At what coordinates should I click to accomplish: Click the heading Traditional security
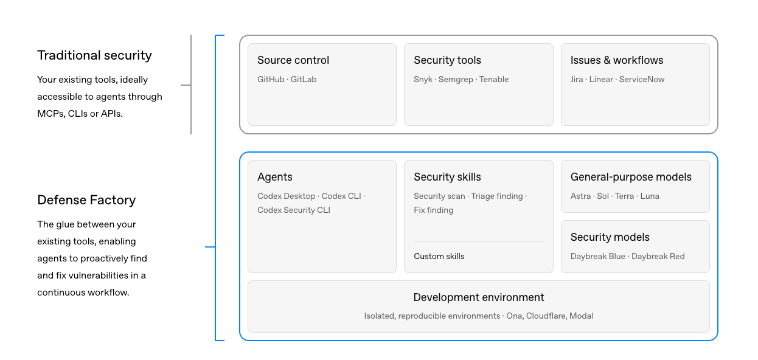pos(94,55)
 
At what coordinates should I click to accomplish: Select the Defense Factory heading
pos(86,200)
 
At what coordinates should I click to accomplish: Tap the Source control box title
pos(293,60)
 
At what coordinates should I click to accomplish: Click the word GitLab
pos(304,79)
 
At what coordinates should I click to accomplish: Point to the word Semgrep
pos(456,80)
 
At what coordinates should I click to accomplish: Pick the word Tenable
pos(494,79)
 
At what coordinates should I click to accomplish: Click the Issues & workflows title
pos(617,60)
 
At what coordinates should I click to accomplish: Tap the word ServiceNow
pos(642,79)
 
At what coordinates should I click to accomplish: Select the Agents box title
pos(275,177)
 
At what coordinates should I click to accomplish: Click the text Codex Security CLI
pos(294,210)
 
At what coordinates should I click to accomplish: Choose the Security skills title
pos(447,177)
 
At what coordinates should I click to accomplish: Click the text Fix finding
pos(434,210)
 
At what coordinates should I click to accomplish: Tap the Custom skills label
pos(439,256)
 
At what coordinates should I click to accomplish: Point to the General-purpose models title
pos(631,177)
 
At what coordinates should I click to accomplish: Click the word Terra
pos(624,196)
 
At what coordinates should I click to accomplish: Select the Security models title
pos(610,237)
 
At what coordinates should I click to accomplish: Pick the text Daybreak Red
pos(658,257)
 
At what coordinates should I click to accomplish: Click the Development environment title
pos(479,297)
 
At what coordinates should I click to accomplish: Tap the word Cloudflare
pos(546,316)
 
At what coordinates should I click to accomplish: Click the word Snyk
pos(423,80)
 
